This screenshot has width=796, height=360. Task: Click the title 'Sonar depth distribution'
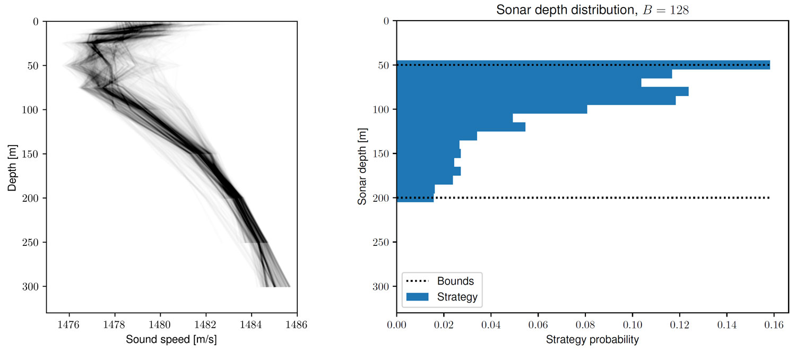click(560, 10)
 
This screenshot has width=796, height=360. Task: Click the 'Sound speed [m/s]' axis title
click(171, 340)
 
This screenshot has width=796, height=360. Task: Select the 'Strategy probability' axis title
click(592, 340)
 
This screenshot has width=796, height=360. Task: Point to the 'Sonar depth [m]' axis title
click(362, 166)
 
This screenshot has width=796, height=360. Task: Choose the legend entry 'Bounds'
click(455, 281)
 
